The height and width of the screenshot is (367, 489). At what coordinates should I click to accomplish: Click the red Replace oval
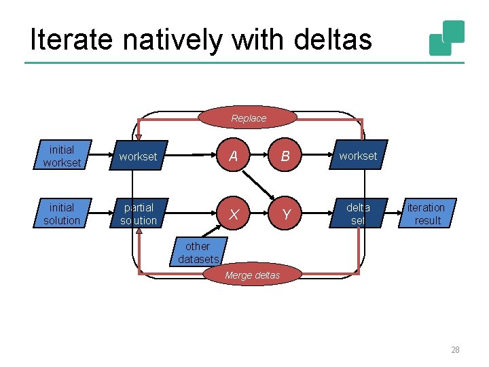(249, 118)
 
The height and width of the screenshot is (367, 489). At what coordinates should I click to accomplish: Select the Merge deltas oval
(252, 275)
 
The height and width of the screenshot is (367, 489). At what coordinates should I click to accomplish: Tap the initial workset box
(62, 156)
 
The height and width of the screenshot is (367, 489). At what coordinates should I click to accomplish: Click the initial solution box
(62, 213)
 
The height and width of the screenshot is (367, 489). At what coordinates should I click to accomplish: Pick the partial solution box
(139, 213)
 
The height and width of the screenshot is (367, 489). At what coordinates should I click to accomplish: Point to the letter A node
(234, 156)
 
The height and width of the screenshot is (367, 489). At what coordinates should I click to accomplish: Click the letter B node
(285, 156)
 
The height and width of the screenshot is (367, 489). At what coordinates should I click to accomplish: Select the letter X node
(234, 214)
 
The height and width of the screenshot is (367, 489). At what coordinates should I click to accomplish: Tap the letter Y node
(286, 214)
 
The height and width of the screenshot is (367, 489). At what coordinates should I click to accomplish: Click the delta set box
(358, 213)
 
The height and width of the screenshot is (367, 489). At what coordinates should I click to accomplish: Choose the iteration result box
(427, 213)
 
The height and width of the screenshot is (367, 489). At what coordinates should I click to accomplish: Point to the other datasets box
(198, 252)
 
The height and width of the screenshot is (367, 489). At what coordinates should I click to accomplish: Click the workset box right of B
(358, 156)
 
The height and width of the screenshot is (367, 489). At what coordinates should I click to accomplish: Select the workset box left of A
(139, 156)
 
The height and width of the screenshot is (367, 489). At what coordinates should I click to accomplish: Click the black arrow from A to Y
(259, 185)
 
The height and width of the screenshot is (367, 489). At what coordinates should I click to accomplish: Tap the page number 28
(455, 350)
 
